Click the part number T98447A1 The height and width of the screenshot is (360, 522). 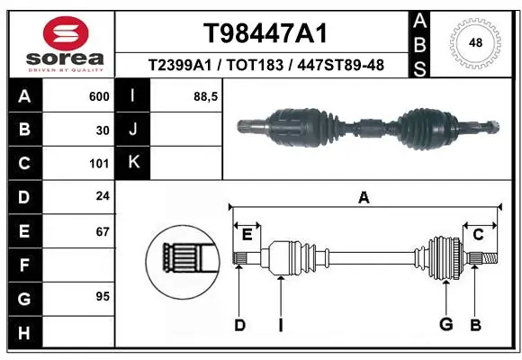coord(264,33)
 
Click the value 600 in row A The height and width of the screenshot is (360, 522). coord(99,96)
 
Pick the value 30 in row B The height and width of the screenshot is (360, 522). coord(103,130)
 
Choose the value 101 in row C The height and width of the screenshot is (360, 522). coord(99,164)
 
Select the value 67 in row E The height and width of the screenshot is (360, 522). coord(103,231)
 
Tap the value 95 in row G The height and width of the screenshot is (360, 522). coord(103,296)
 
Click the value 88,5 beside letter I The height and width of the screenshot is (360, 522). coord(206,96)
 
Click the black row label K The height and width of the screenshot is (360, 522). coord(133,162)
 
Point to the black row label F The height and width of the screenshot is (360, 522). coord(22,265)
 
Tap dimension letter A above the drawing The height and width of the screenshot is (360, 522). coord(364,197)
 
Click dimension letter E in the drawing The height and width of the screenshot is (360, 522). coord(247,235)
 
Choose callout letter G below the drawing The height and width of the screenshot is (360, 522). coord(445,325)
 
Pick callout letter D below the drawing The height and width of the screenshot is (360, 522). coord(239,325)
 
